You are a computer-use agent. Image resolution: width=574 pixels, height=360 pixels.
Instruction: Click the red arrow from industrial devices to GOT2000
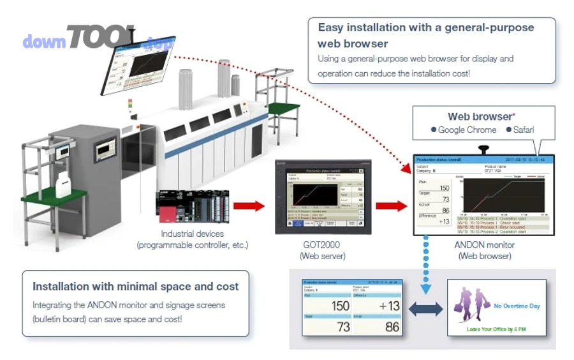point(249,206)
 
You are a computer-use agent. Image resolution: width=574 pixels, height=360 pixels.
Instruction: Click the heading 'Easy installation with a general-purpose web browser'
point(425,36)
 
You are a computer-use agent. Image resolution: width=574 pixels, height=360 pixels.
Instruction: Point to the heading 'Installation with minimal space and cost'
point(136,287)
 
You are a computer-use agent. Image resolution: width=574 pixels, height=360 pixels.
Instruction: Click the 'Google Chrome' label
point(467,130)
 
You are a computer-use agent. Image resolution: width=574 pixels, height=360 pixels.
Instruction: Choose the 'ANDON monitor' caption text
point(484,245)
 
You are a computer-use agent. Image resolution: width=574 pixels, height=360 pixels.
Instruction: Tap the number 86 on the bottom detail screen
point(392,327)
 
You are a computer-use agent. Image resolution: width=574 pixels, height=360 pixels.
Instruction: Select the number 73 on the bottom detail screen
point(343,327)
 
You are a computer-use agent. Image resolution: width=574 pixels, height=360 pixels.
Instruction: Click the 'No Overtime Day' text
point(517,306)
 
